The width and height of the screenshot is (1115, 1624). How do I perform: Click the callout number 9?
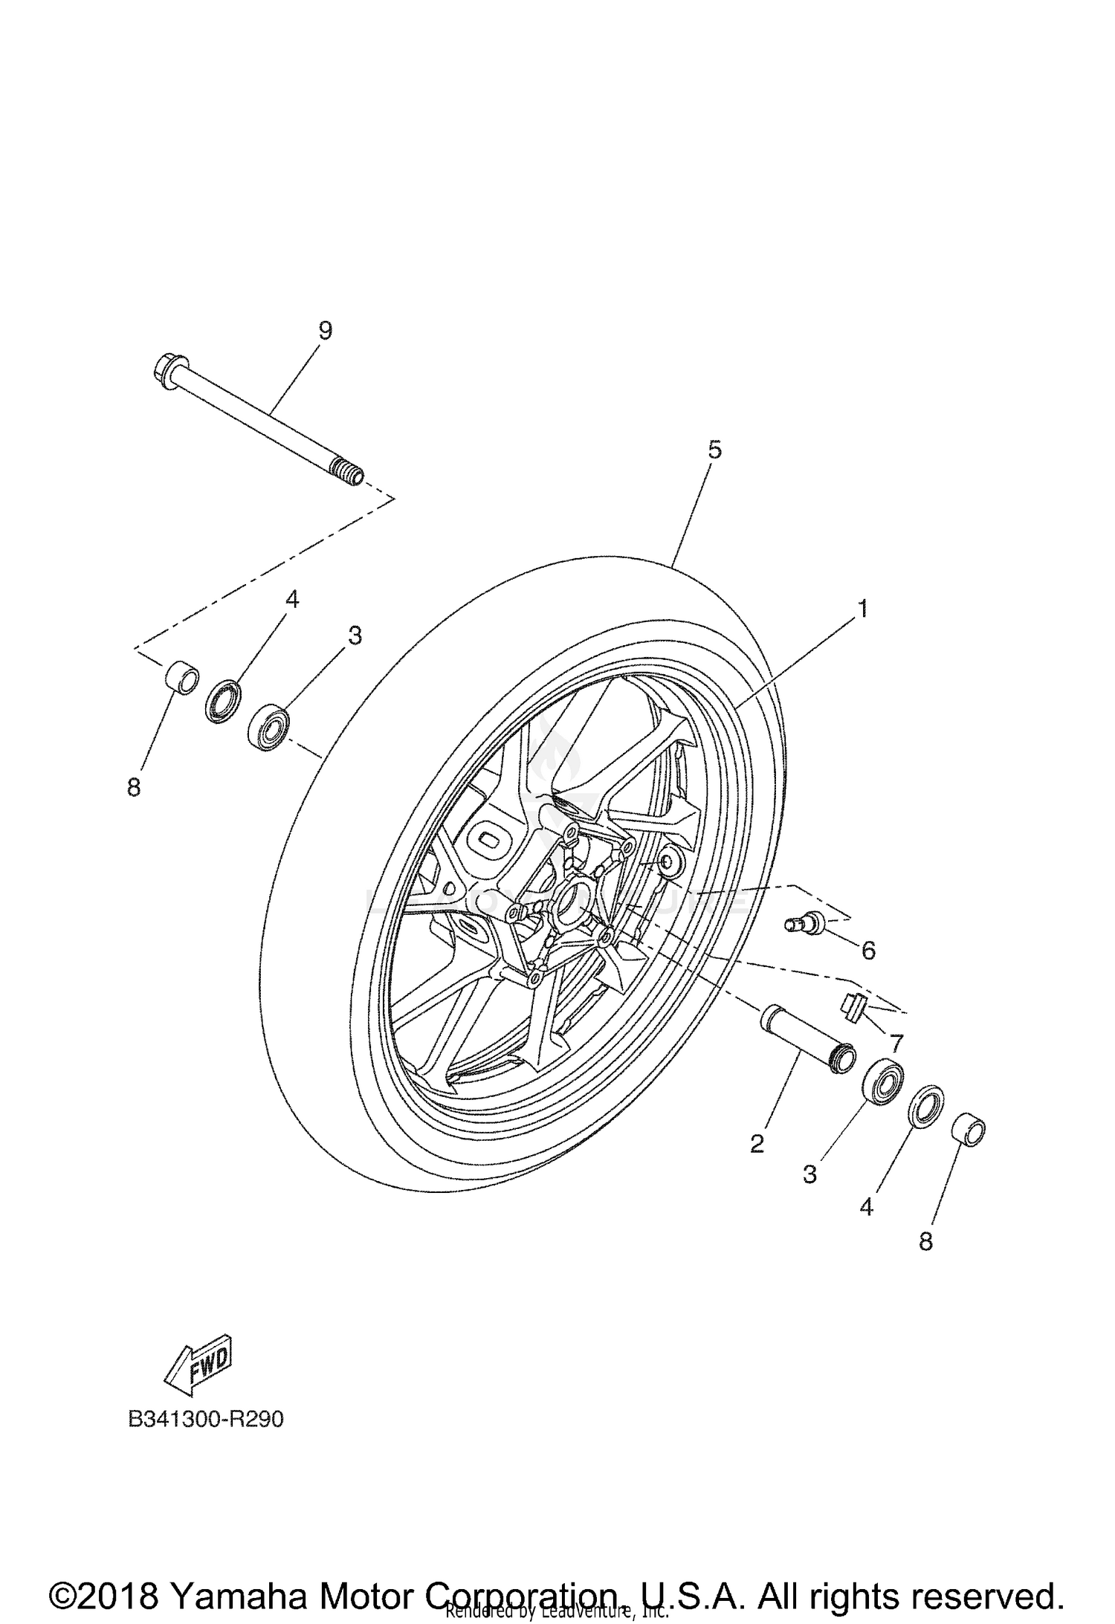pos(325,331)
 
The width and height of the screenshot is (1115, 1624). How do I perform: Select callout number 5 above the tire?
pos(714,450)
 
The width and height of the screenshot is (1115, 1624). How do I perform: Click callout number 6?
pos(868,950)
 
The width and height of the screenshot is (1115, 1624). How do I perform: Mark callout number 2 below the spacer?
pos(757,1144)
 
